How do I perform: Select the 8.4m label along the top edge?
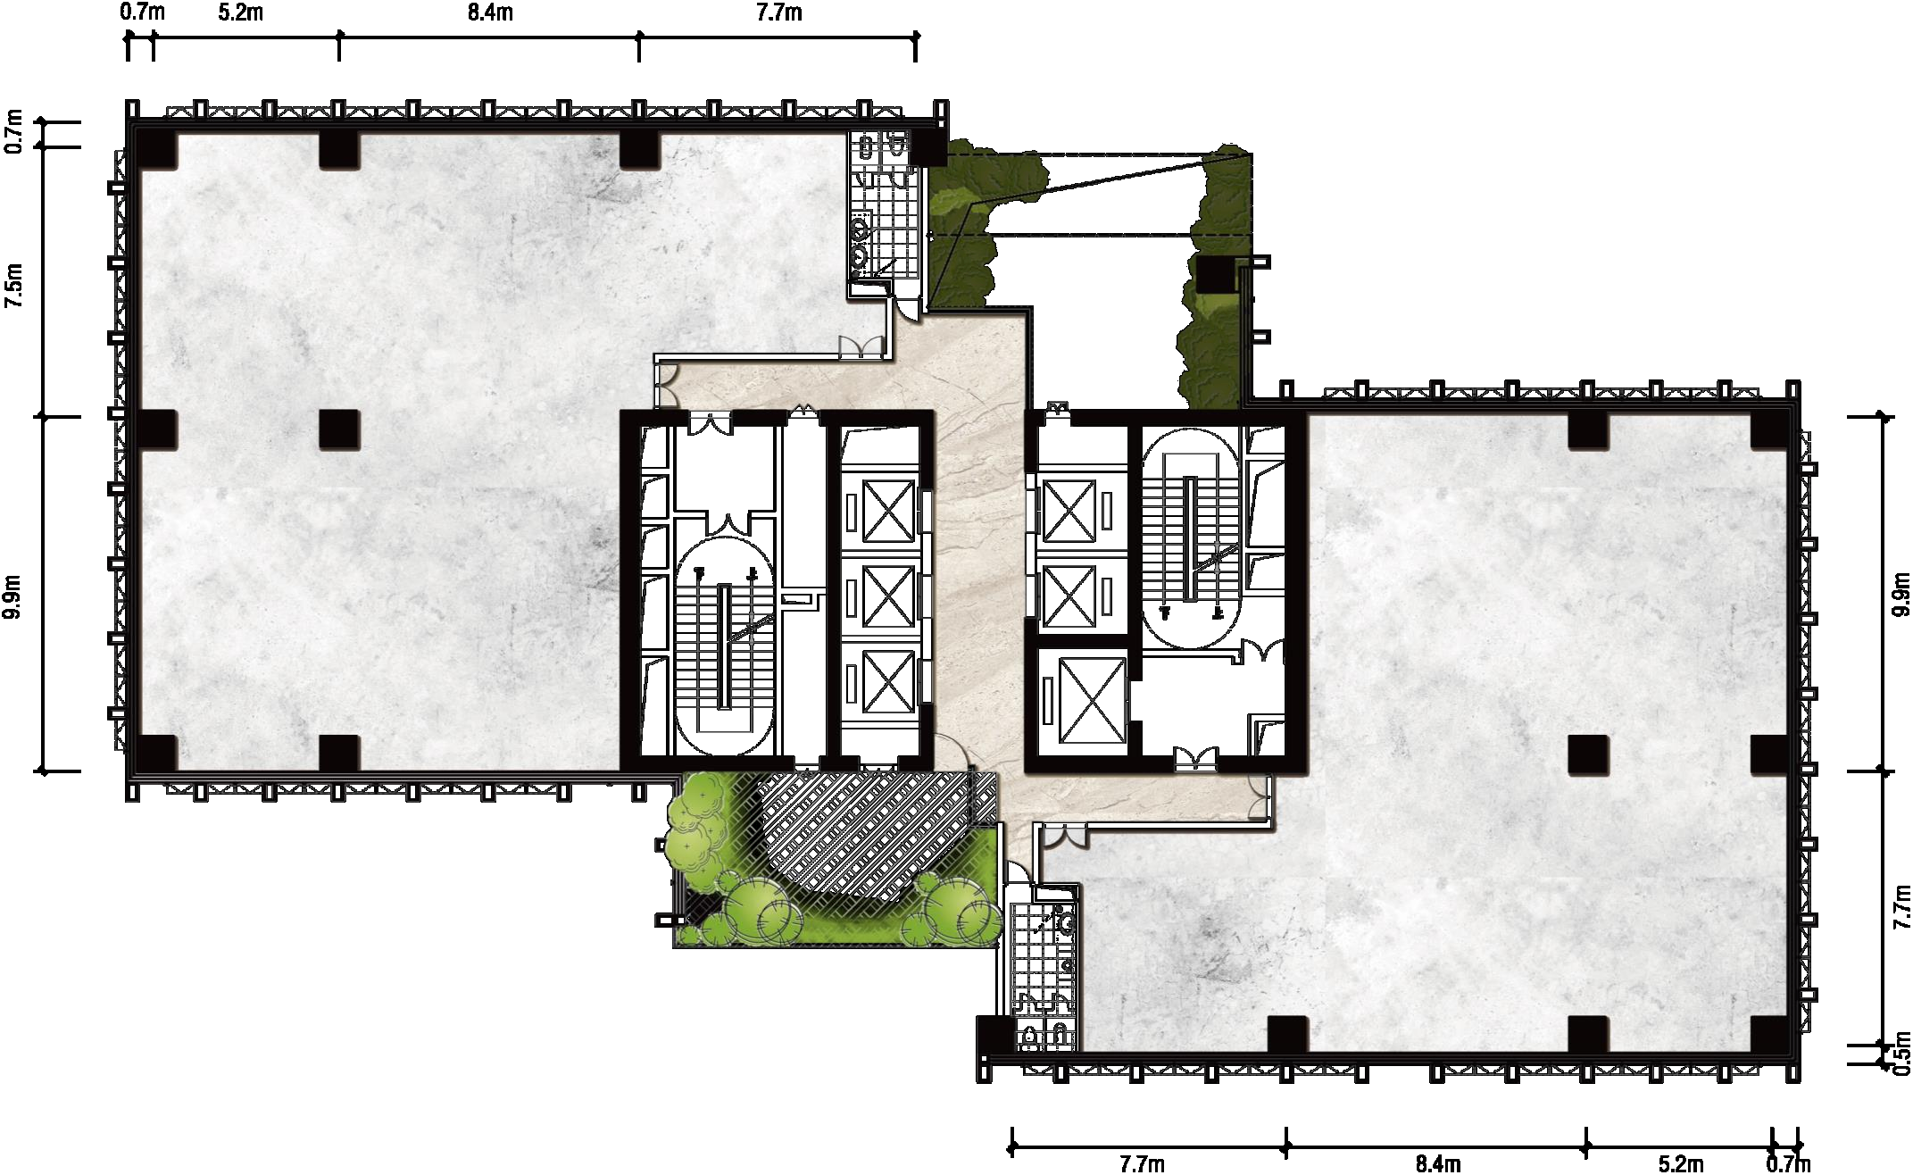click(x=490, y=12)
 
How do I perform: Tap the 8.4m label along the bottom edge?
click(x=1437, y=1162)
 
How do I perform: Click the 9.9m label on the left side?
click(x=14, y=596)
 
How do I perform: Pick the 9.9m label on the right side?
click(x=1901, y=594)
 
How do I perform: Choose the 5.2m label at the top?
click(x=241, y=12)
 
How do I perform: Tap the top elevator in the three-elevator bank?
click(x=888, y=510)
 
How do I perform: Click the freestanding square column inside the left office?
click(x=340, y=429)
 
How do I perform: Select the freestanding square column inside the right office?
click(x=1588, y=754)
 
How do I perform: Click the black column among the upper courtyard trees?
click(x=1212, y=276)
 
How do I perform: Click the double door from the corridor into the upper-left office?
click(x=861, y=347)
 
